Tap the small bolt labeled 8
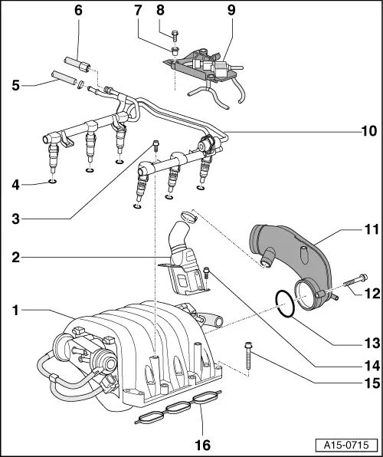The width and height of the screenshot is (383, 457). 175,32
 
